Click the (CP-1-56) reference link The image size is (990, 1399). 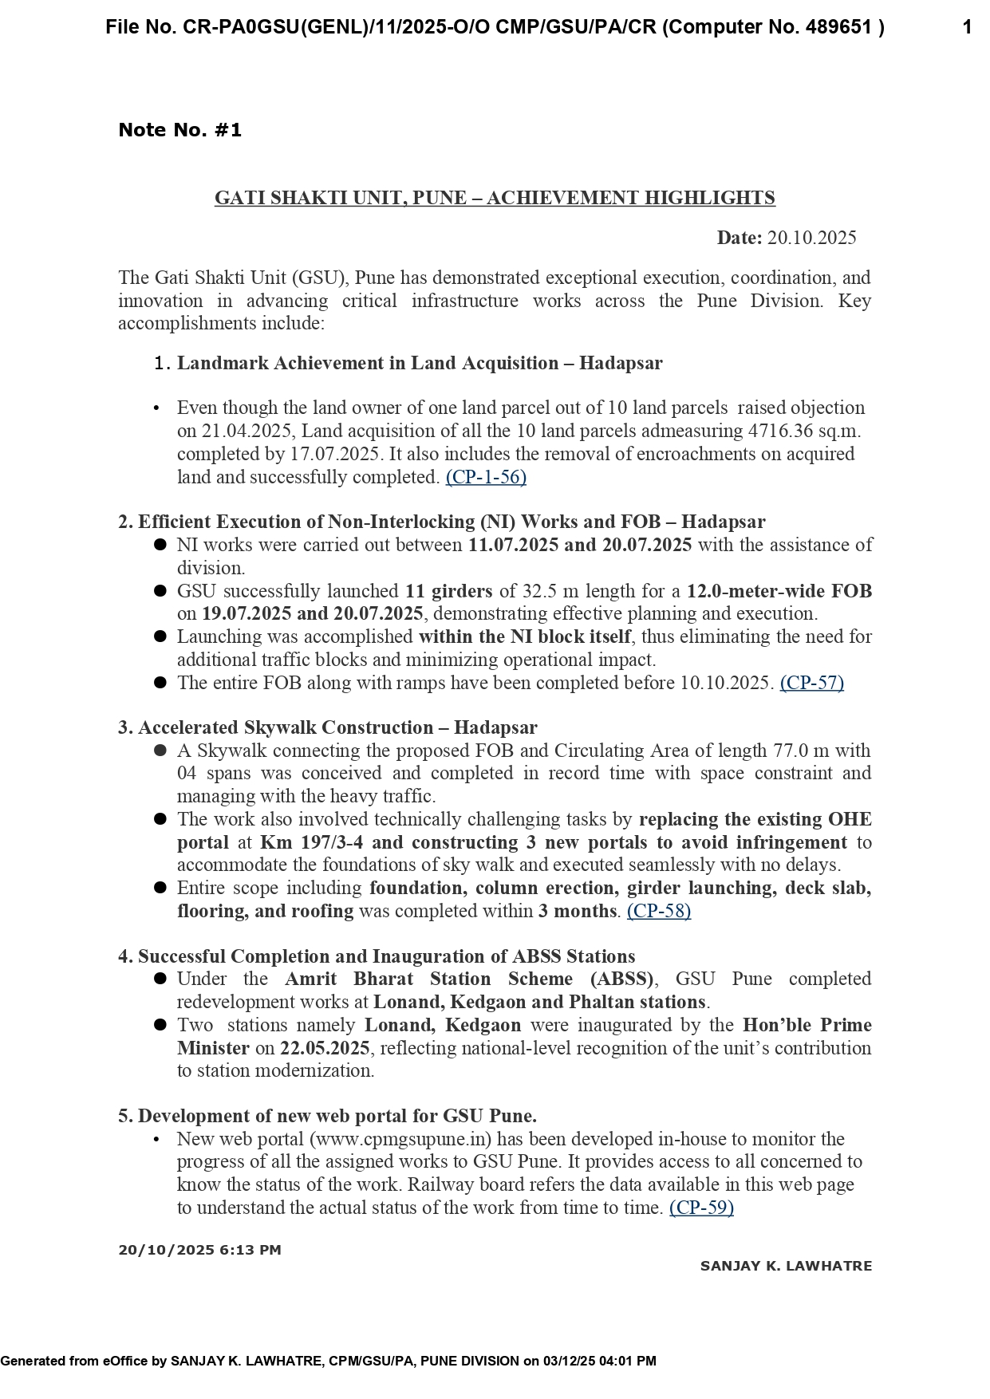click(x=486, y=477)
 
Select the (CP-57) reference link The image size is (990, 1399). click(x=811, y=683)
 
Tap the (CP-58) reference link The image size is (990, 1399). click(x=659, y=911)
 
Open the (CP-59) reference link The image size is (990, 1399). click(x=701, y=1208)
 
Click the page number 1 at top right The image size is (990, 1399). click(x=967, y=28)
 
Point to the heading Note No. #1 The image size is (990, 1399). click(x=179, y=130)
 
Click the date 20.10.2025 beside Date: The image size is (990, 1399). click(x=811, y=238)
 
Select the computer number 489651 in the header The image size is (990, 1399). click(x=839, y=28)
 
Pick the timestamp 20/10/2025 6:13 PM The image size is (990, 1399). click(x=199, y=1250)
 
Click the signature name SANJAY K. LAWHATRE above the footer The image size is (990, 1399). click(x=786, y=1266)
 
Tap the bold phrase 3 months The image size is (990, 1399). click(x=578, y=911)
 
